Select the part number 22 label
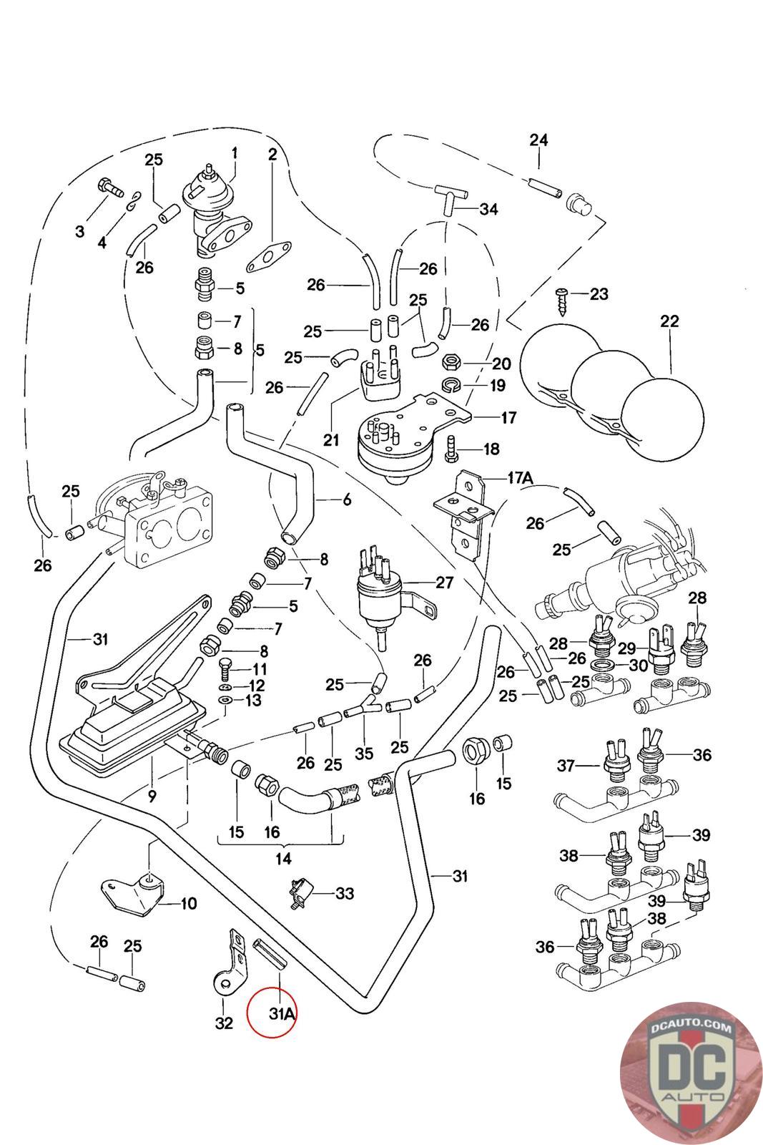pyautogui.click(x=669, y=321)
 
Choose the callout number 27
pyautogui.click(x=445, y=583)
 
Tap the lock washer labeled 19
pyautogui.click(x=451, y=386)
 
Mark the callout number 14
pyautogui.click(x=283, y=858)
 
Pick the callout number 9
pyautogui.click(x=152, y=795)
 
